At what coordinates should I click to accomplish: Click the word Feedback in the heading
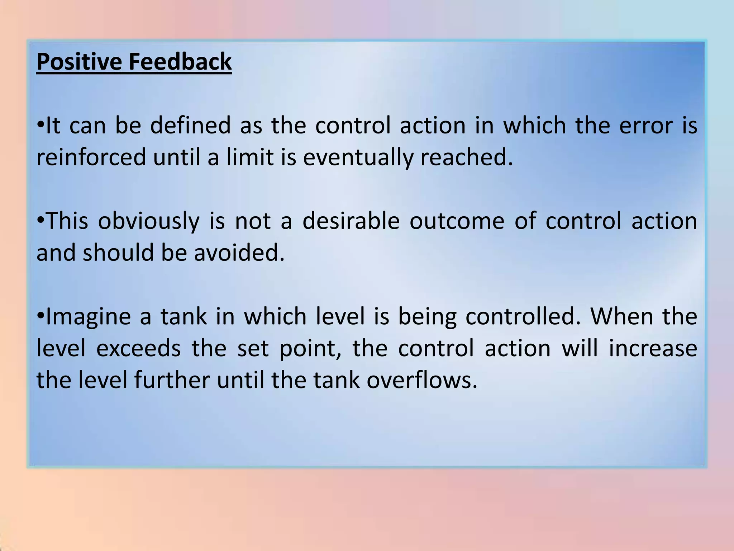click(180, 62)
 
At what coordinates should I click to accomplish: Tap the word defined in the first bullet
click(190, 126)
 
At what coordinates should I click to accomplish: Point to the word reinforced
click(91, 157)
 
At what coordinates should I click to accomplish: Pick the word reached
click(467, 157)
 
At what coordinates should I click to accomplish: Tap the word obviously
click(148, 221)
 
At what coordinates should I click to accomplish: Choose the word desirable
click(351, 221)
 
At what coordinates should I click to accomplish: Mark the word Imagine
click(88, 317)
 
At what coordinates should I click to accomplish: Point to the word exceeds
click(138, 348)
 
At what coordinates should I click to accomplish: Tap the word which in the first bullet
click(534, 126)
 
